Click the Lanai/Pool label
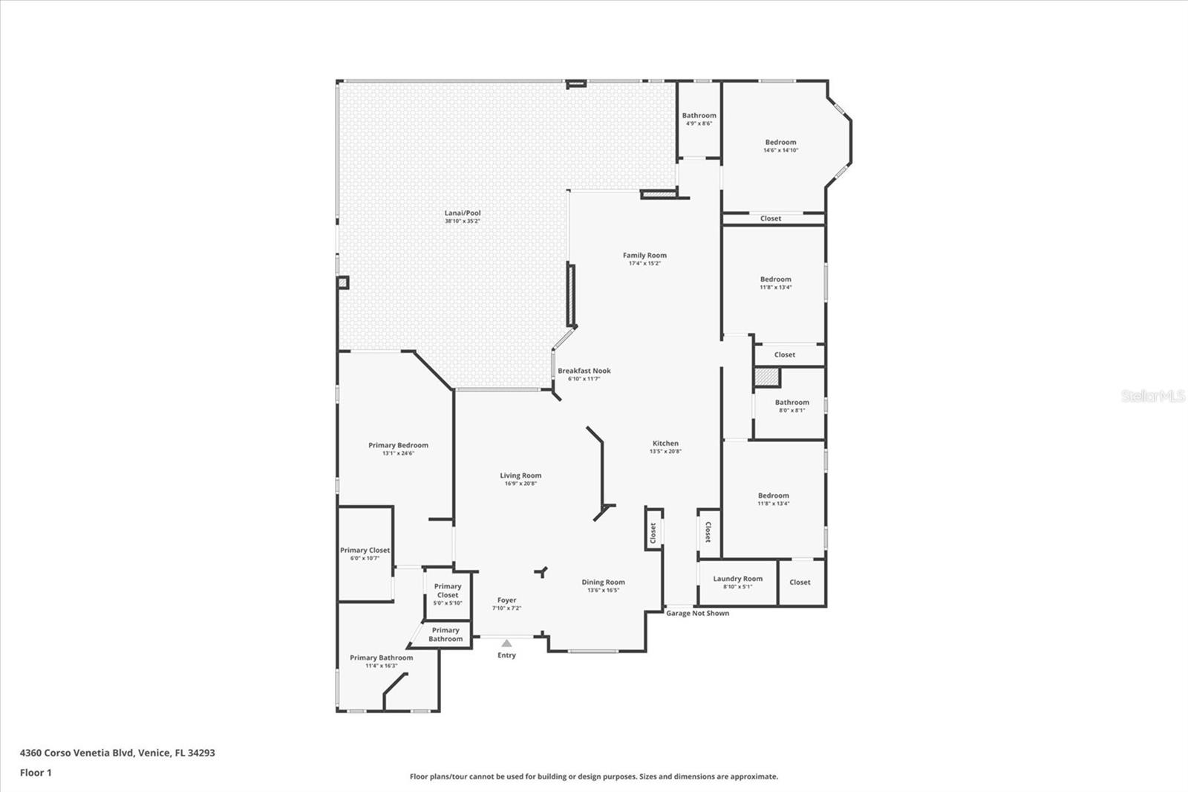[463, 213]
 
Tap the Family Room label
[644, 256]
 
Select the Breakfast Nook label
[584, 371]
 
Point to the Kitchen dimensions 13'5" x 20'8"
[665, 452]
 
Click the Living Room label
[520, 475]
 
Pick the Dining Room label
[603, 582]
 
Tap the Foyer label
[506, 600]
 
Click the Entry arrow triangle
[506, 643]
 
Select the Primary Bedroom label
[398, 446]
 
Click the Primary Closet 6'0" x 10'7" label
[365, 551]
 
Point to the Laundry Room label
[737, 579]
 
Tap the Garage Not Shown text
[697, 614]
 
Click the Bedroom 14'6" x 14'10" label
[780, 143]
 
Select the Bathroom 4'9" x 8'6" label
[699, 116]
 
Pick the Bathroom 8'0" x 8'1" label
[792, 403]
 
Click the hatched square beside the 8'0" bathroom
[766, 377]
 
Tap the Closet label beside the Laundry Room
[800, 582]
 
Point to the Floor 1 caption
[36, 773]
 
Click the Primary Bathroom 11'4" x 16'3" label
[381, 658]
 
